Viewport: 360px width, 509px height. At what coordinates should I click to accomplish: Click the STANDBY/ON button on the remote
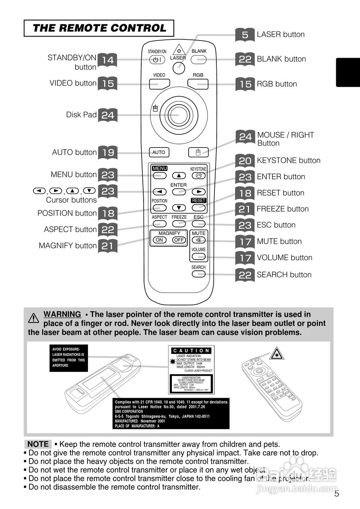(x=157, y=60)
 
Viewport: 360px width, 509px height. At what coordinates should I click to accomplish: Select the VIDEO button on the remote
(x=160, y=84)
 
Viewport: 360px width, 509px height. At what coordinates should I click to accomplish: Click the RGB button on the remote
(x=198, y=84)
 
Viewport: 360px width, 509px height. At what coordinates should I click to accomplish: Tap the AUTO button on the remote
(x=159, y=152)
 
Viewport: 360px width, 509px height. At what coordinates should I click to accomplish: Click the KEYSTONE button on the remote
(x=198, y=175)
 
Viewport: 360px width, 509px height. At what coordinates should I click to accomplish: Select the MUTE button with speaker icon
(x=198, y=240)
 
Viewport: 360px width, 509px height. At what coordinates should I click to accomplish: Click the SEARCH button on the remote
(x=198, y=274)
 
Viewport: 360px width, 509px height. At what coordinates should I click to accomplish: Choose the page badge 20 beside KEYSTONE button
(x=245, y=161)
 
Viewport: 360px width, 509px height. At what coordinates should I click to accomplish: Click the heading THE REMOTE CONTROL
(x=99, y=28)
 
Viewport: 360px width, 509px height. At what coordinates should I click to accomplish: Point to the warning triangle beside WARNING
(x=34, y=318)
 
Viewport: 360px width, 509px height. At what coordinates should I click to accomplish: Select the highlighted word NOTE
(x=38, y=444)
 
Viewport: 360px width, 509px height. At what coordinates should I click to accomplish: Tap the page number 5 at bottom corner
(x=337, y=494)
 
